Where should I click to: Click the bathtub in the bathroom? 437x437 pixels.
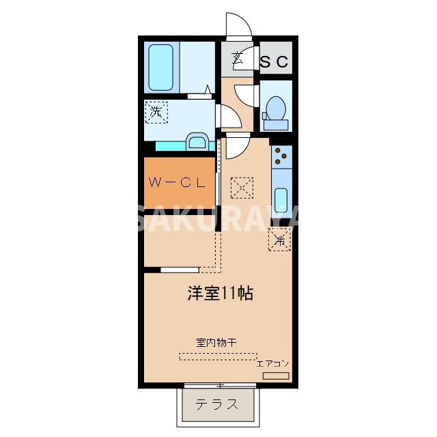tap(161, 66)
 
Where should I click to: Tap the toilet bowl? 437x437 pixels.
tap(275, 109)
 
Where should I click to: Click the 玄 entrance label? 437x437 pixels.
tap(237, 59)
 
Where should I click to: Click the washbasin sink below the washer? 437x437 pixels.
tap(197, 142)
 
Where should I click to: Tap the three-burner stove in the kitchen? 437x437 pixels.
tap(281, 158)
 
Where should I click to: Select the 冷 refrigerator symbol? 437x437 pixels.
tap(279, 240)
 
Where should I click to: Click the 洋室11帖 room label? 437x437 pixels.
tap(221, 294)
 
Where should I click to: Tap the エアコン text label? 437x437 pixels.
tap(274, 363)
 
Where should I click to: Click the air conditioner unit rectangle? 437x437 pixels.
tap(276, 376)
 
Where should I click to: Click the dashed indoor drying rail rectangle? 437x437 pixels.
tap(218, 356)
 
